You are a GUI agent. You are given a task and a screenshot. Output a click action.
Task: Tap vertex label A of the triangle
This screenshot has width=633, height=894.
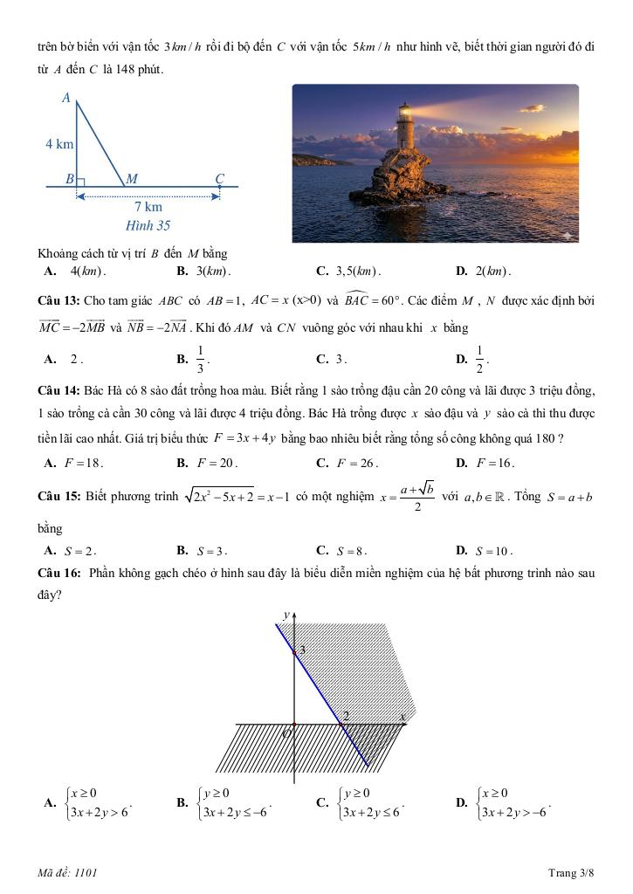point(65,99)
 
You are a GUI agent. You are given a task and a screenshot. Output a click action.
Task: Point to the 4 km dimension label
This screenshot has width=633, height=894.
point(59,144)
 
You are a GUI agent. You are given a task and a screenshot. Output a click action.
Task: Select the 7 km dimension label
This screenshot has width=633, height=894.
point(148,208)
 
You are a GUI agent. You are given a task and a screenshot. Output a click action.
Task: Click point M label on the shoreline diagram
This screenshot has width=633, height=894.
point(132,178)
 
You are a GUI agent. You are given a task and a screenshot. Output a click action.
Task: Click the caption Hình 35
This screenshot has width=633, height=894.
point(148,225)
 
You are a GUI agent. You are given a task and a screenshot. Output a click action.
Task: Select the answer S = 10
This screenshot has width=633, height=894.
point(494,551)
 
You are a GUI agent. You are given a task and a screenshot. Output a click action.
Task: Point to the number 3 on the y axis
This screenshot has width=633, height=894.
point(302,650)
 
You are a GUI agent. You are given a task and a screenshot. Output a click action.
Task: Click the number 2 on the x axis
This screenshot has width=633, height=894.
point(346,716)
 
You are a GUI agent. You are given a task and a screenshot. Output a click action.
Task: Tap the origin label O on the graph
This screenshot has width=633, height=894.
point(286,734)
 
